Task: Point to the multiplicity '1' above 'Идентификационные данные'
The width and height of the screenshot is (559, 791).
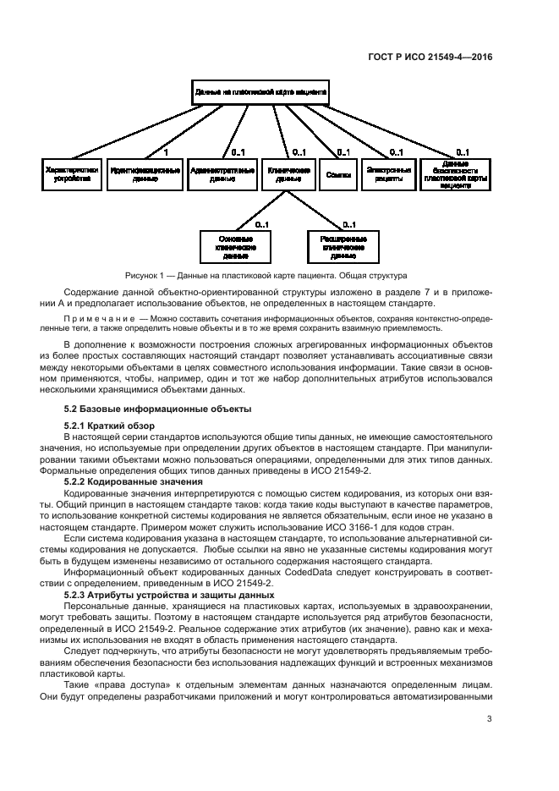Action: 166,152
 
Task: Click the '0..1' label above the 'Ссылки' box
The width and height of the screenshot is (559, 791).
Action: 343,152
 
